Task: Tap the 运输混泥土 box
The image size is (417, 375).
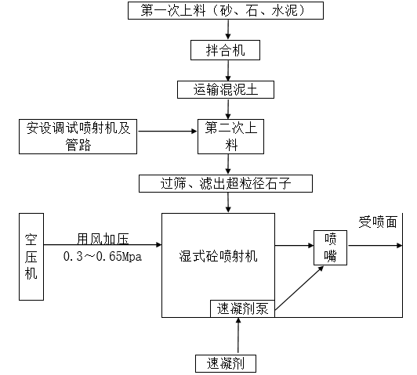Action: pos(227,89)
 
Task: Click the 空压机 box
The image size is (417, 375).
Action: pos(32,255)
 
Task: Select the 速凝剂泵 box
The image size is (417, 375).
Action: pos(241,308)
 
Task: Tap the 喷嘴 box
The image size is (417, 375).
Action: pos(331,247)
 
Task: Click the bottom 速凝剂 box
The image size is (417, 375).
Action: pos(226,362)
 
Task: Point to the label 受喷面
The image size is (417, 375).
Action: pos(378,222)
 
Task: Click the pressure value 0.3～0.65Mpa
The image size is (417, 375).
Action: pos(103,256)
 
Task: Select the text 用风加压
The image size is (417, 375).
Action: pos(98,239)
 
